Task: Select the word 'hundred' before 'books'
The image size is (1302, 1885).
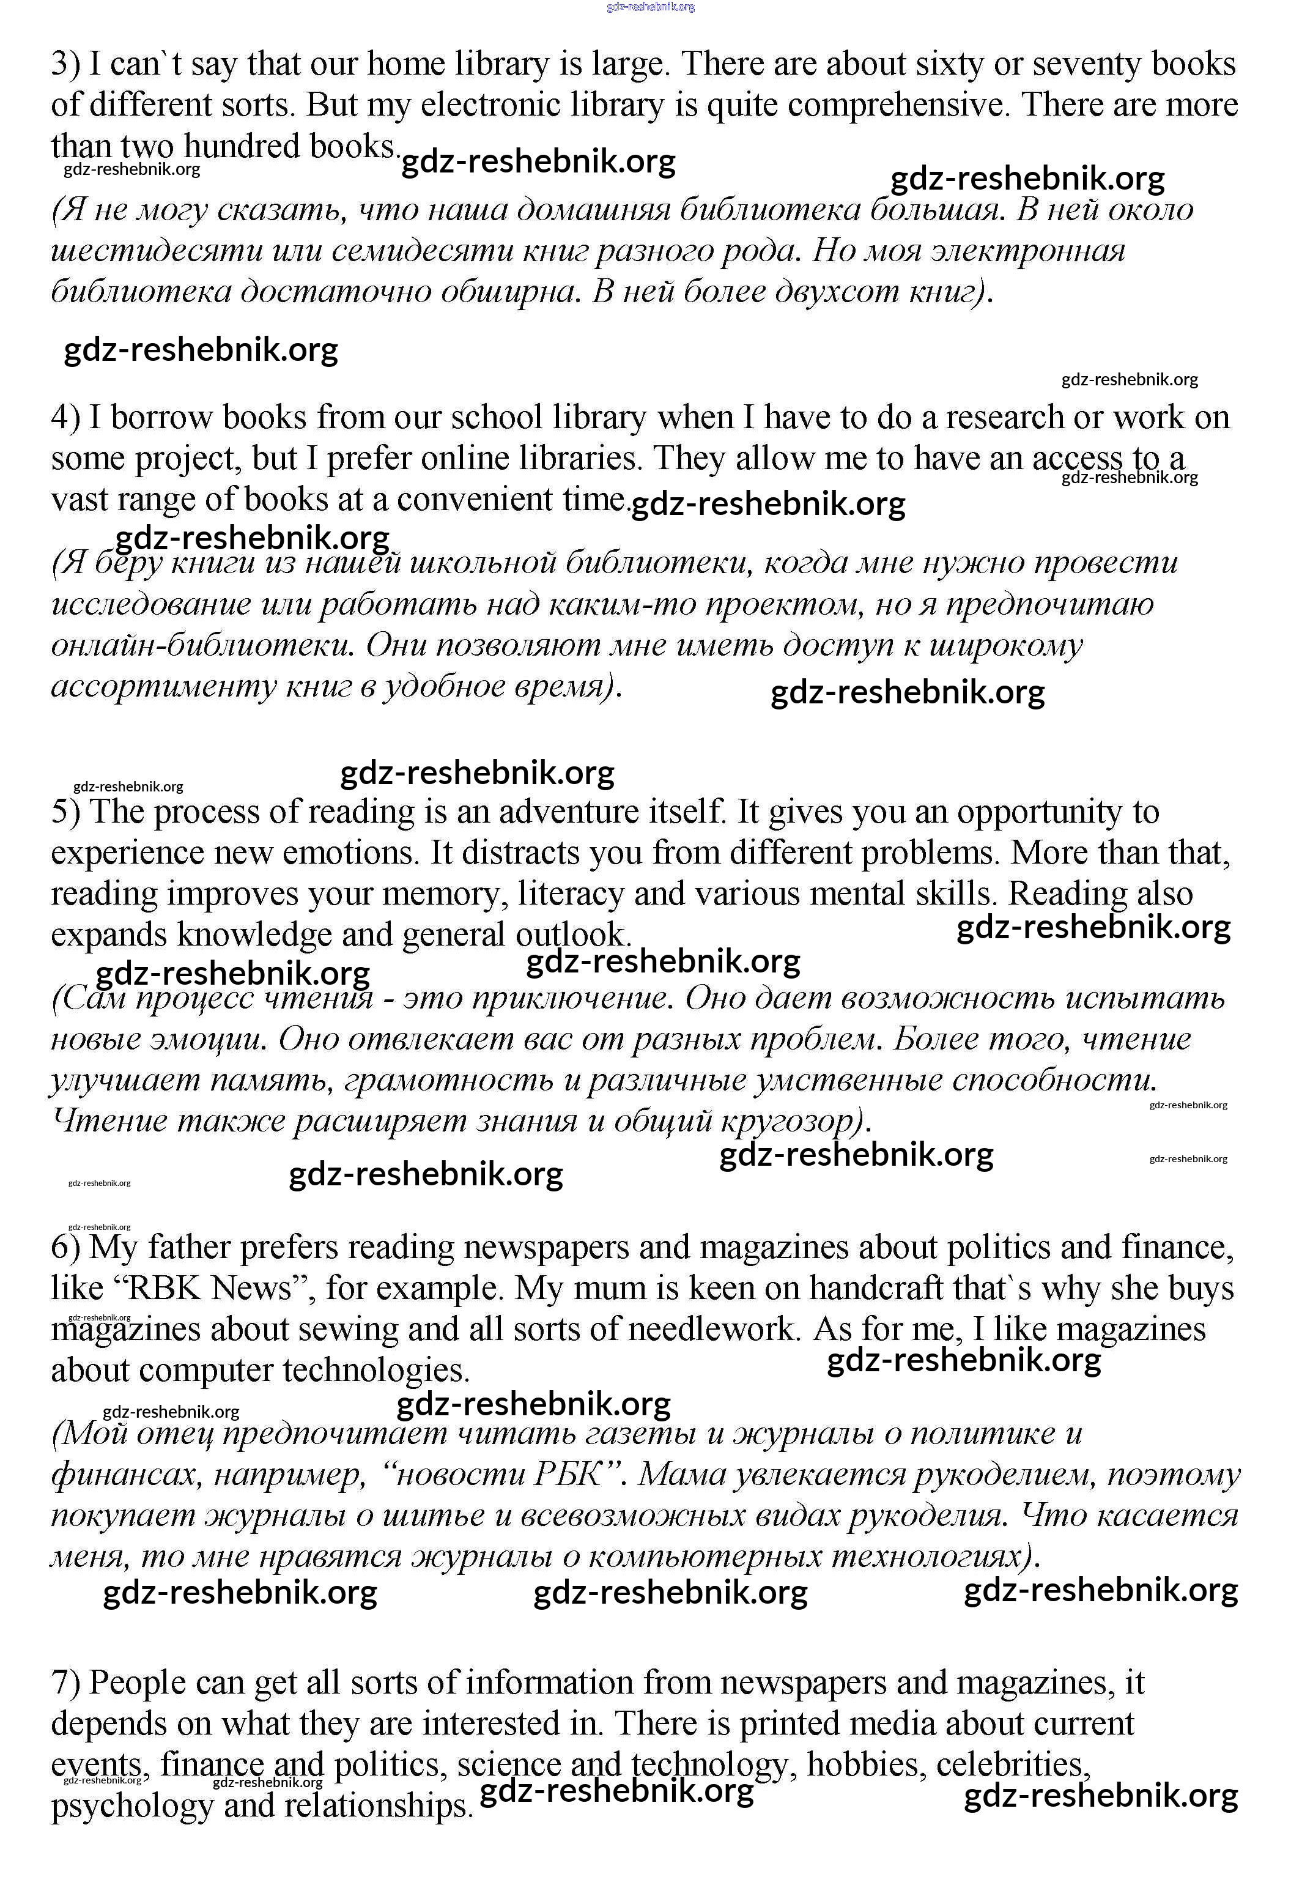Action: click(242, 147)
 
